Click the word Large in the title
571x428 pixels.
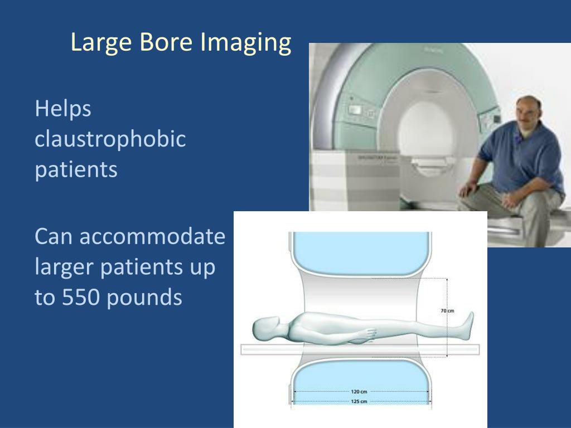(99, 43)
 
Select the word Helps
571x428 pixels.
(63, 109)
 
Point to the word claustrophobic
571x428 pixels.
(110, 139)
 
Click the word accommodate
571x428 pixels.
(152, 237)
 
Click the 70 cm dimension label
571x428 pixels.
(447, 311)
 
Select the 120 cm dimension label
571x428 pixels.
(359, 392)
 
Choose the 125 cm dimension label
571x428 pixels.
(359, 401)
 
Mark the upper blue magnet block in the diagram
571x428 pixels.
(360, 250)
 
